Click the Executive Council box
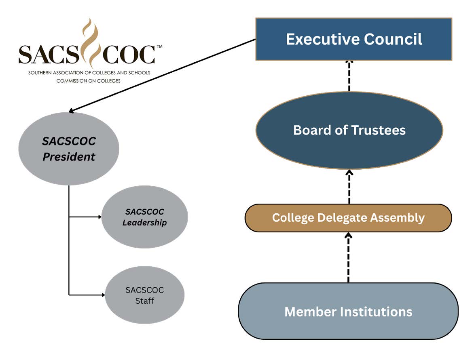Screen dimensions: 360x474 353,39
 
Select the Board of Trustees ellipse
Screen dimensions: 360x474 349,130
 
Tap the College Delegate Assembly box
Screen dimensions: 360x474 348,218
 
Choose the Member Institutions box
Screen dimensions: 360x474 348,312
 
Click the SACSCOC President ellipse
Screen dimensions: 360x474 69,149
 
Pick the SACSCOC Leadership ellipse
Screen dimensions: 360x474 144,217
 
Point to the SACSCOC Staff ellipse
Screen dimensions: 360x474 144,295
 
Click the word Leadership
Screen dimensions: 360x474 144,223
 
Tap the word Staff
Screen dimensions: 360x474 144,301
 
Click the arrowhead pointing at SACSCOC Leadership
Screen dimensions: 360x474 99,217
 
